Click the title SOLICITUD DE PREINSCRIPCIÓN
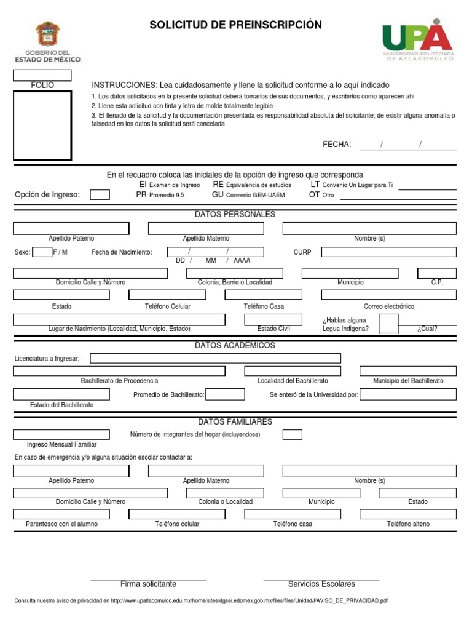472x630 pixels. click(235, 25)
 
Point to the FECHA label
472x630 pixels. click(337, 145)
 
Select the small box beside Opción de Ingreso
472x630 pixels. click(100, 195)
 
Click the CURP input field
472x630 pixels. click(388, 252)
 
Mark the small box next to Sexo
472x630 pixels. click(42, 252)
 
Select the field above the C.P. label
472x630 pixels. click(436, 273)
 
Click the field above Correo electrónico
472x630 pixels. click(388, 295)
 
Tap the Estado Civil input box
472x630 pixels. click(273, 320)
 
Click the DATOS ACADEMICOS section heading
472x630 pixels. click(235, 346)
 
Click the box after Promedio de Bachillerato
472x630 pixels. click(225, 394)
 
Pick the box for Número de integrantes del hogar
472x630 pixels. click(293, 434)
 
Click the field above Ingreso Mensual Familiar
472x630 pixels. click(61, 434)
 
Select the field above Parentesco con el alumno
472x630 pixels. click(61, 514)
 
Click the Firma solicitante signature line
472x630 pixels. click(148, 580)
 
